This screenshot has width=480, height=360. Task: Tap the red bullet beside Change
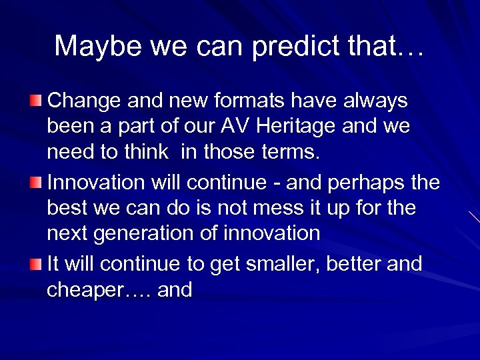[35, 101]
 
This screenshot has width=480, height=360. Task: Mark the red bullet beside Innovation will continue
[35, 182]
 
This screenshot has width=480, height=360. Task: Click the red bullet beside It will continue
[35, 264]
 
